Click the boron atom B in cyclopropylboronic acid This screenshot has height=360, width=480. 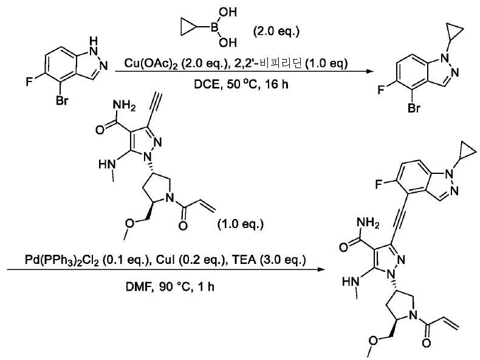click(214, 27)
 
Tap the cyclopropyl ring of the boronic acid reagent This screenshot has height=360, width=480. click(188, 27)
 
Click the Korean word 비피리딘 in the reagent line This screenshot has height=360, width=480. click(283, 63)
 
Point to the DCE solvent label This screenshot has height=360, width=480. click(207, 84)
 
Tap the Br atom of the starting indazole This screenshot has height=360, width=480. click(62, 100)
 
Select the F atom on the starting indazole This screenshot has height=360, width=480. click(29, 82)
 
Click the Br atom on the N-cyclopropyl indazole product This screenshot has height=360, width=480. click(414, 108)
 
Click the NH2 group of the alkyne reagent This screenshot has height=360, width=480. click(124, 106)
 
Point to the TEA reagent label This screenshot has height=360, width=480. click(244, 260)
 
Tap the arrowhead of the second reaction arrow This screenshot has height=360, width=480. click(321, 269)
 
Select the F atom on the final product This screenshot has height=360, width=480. click(379, 184)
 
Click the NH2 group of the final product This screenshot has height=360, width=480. click(368, 223)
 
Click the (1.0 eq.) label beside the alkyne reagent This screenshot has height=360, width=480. click(241, 224)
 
